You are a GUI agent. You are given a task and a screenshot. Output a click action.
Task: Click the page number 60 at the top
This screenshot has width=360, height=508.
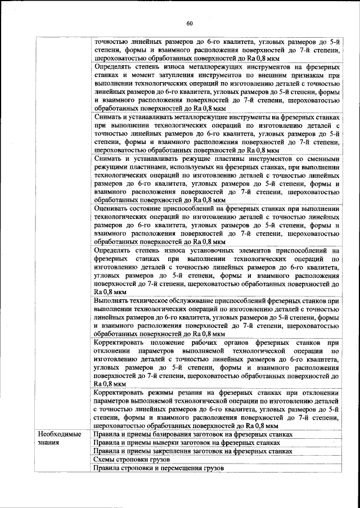tap(189, 23)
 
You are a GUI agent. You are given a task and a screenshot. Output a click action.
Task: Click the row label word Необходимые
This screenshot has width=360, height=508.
tap(59, 434)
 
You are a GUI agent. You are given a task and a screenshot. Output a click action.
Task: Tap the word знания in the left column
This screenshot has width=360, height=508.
tap(49, 443)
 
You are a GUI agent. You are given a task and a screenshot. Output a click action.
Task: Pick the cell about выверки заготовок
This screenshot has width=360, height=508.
tap(186, 443)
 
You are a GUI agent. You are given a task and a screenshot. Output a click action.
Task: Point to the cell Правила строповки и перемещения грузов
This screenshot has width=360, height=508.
tap(159, 468)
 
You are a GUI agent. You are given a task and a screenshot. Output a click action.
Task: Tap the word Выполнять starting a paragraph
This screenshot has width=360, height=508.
tap(114, 301)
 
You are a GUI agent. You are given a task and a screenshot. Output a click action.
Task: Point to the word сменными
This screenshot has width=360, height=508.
tap(319, 159)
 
